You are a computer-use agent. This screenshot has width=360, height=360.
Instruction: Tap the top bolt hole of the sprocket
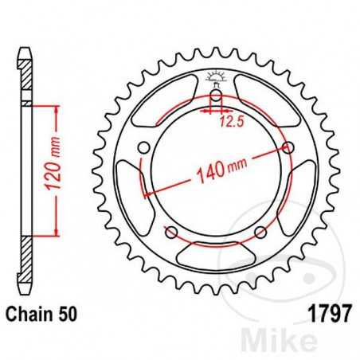click(215, 99)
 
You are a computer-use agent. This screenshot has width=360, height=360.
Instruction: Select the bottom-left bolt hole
click(170, 232)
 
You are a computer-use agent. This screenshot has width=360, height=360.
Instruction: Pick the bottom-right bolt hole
click(260, 232)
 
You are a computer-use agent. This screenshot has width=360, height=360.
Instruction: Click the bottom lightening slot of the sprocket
click(215, 255)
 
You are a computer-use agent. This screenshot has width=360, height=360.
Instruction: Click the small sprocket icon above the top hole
click(215, 77)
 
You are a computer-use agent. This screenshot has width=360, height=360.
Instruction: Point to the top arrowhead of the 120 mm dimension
click(56, 109)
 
